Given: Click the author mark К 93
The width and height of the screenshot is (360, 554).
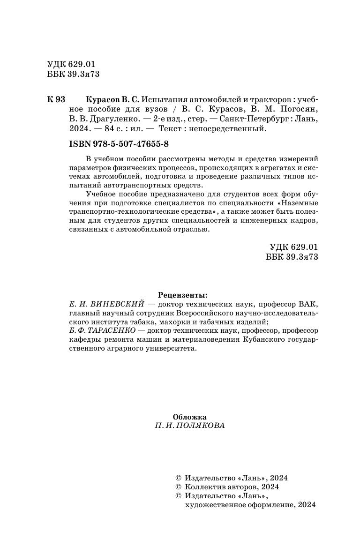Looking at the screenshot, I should [x=56, y=100].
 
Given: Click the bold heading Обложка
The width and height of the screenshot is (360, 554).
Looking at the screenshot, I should [x=189, y=416].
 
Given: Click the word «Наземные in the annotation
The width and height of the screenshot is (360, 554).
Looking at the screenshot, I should [x=298, y=203].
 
